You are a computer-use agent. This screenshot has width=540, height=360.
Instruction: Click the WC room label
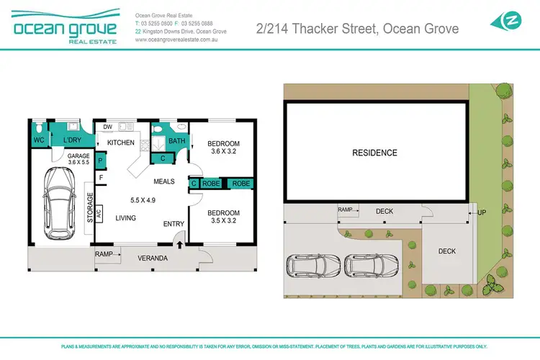[38, 140]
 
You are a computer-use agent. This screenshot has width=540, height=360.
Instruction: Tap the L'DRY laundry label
[72, 140]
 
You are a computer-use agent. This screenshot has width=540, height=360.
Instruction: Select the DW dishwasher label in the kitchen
[108, 127]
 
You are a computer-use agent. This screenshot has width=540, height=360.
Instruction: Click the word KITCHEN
[121, 143]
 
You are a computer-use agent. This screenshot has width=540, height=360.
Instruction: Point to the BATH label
[177, 141]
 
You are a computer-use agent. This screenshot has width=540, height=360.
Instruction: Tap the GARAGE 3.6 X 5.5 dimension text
[78, 159]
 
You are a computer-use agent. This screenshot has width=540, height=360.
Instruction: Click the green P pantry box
[101, 162]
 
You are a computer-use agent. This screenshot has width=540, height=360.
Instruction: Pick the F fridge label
[101, 177]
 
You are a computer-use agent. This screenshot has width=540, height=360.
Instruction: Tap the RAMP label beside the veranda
[103, 253]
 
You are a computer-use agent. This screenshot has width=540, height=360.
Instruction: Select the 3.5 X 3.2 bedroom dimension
[223, 222]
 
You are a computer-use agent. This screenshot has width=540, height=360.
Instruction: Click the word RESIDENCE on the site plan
[374, 153]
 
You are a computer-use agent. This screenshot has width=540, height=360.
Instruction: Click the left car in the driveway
[312, 266]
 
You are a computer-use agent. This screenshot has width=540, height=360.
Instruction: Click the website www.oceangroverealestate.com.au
[176, 40]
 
